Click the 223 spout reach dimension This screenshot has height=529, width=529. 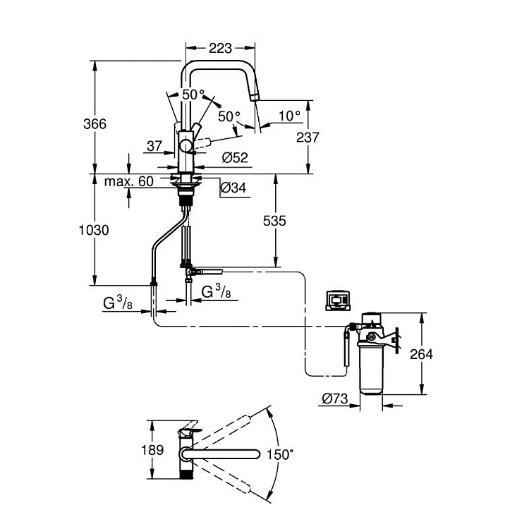coord(220,48)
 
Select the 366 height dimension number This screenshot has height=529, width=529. coord(95,124)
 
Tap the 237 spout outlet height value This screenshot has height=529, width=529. coord(308,138)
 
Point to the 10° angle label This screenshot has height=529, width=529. coord(289,116)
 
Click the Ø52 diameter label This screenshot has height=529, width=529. coord(235,157)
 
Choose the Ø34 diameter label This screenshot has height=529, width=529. coord(233,188)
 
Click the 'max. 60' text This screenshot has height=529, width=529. coord(129,181)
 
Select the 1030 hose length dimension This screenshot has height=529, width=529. coord(94,230)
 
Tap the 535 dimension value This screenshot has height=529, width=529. coord(274,221)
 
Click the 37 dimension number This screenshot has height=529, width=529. coord(154,146)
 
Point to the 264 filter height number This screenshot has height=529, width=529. coord(421,354)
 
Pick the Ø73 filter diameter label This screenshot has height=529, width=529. coord(334,399)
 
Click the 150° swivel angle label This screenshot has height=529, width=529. coord(280,454)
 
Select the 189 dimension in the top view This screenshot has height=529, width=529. coord(152,450)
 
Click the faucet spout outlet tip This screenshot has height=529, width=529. coord(255,97)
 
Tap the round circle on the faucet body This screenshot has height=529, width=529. coord(186,147)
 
